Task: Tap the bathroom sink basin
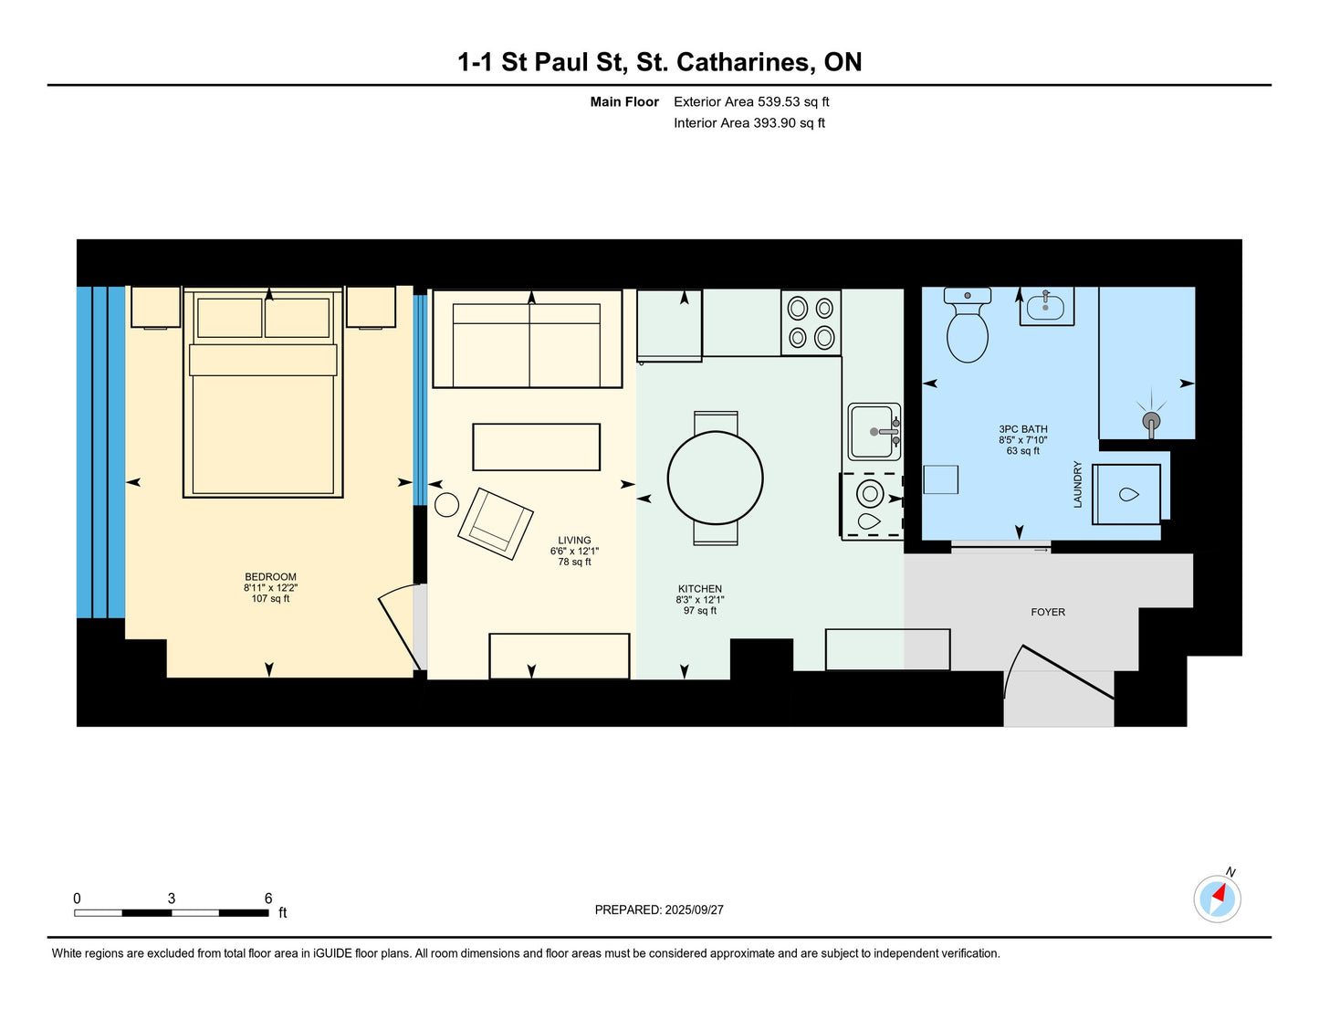[x=1045, y=307]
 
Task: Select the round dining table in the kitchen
[x=715, y=478]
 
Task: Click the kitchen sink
[x=874, y=432]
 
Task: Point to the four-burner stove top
[x=811, y=322]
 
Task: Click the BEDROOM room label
[x=270, y=577]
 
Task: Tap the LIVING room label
[x=574, y=541]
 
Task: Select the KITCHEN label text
[x=700, y=589]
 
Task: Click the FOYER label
[x=1048, y=612]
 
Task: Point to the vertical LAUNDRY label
[x=1077, y=484]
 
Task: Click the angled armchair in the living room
[x=496, y=523]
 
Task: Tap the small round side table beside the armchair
[x=446, y=505]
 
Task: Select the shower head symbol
[x=1151, y=420]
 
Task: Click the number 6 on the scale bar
[x=267, y=898]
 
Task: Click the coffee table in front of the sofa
[x=536, y=447]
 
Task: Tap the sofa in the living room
[x=527, y=339]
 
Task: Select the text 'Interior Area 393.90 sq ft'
[x=749, y=123]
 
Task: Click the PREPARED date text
[x=659, y=910]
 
